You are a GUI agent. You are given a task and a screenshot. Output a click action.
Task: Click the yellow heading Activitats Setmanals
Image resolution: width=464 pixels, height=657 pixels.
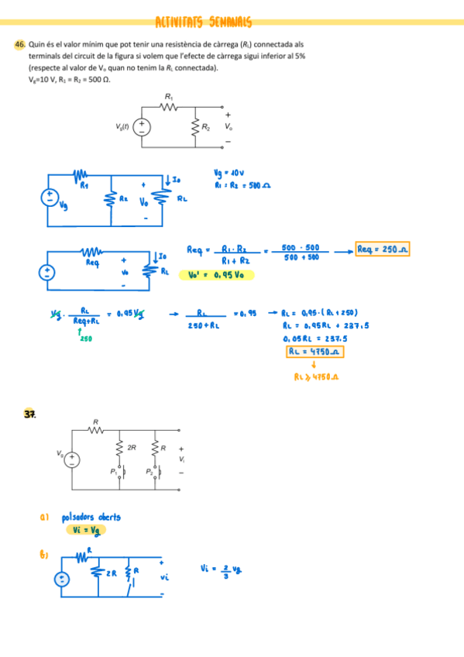(x=204, y=23)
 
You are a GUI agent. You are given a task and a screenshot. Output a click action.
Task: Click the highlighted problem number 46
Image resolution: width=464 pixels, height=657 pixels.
(x=20, y=46)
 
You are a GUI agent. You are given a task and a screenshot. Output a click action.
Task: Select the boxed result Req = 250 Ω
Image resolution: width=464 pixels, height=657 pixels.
(x=383, y=249)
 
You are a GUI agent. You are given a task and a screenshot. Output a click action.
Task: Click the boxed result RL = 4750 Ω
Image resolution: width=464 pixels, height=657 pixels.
(x=314, y=351)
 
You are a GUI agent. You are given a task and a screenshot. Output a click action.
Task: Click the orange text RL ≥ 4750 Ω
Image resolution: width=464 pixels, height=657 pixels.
(x=318, y=377)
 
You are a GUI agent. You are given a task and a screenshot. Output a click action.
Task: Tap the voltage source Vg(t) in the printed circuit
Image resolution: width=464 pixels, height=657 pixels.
(x=143, y=126)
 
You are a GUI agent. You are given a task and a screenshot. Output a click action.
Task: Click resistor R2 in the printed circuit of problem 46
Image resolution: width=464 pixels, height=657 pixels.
(x=195, y=126)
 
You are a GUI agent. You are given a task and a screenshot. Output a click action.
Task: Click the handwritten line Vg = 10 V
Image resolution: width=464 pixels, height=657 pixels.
(x=230, y=173)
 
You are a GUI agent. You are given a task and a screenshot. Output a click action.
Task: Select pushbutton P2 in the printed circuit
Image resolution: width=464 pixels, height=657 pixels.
(x=154, y=471)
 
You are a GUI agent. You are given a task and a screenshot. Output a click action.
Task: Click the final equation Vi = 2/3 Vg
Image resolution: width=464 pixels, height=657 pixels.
(x=221, y=569)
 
